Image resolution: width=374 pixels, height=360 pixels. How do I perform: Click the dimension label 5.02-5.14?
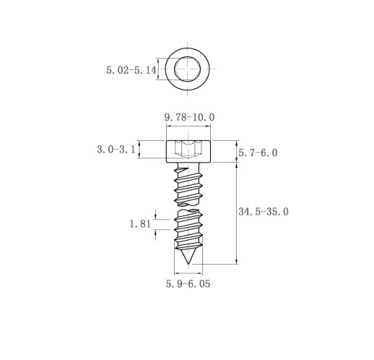coord(131,70)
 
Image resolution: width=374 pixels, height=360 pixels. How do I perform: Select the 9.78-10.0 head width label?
coord(189,117)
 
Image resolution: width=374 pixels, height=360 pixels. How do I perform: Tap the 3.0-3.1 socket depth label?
coord(116,150)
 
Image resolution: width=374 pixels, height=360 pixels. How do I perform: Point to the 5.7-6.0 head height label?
coord(258,153)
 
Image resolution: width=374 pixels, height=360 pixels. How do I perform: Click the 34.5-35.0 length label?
coord(264,212)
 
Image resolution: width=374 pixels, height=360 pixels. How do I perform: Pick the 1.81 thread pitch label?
coord(140,224)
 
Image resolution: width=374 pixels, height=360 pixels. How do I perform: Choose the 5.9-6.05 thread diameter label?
coord(188,284)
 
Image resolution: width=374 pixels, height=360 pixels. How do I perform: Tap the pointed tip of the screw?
coord(188,264)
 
